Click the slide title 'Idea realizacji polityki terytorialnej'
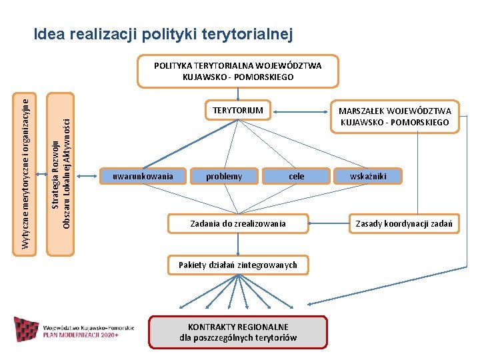[163, 33]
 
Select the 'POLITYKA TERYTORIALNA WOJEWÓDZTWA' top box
[237, 71]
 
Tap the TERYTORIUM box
[237, 110]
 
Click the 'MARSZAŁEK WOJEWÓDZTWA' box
[395, 117]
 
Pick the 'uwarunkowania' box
[143, 176]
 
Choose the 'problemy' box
[224, 176]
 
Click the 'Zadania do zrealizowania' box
[238, 223]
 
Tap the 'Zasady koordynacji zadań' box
[404, 223]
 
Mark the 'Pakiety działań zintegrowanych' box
[237, 265]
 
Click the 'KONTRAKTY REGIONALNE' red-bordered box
[238, 332]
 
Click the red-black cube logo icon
[26, 329]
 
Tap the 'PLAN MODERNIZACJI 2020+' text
[81, 335]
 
